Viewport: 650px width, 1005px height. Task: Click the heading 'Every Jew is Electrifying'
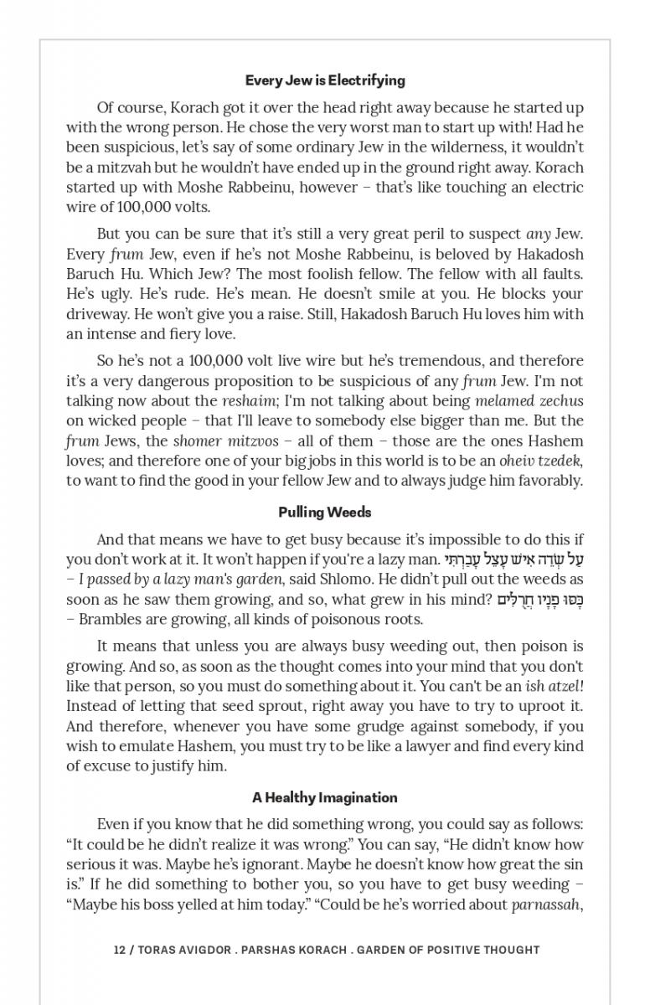point(325,80)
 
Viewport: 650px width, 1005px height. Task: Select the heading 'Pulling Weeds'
point(325,512)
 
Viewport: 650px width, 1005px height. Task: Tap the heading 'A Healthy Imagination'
point(325,797)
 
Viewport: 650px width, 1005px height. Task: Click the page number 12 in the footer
point(119,950)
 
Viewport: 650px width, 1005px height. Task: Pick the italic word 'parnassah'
point(545,904)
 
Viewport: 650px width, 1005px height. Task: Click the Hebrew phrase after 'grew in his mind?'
point(539,599)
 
